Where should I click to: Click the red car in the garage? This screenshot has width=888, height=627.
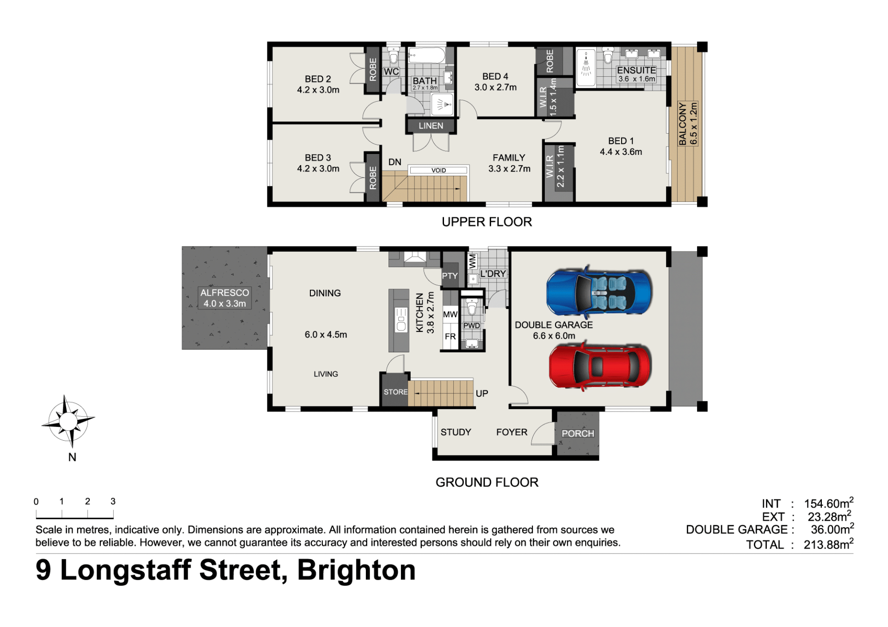(600, 366)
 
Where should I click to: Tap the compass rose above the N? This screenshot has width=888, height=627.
(68, 421)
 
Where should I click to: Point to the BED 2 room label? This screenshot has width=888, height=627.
(318, 79)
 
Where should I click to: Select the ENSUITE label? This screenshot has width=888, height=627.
(636, 70)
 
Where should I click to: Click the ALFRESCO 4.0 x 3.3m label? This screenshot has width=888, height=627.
(225, 298)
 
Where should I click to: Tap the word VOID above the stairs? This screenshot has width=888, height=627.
(438, 171)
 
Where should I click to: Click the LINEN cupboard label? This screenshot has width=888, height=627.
(431, 126)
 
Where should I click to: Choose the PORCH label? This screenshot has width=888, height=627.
(578, 434)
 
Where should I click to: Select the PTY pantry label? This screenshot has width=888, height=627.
(450, 276)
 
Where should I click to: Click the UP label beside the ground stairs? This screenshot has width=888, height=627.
(482, 393)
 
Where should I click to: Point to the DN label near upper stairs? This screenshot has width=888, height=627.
(395, 162)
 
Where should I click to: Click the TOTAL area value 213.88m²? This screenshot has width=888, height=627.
(828, 544)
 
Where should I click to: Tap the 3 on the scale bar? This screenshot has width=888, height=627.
(113, 501)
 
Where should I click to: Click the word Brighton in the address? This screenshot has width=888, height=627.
(356, 570)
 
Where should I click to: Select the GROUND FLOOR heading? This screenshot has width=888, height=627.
(487, 482)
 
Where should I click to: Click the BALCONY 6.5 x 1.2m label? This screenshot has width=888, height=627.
(688, 124)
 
